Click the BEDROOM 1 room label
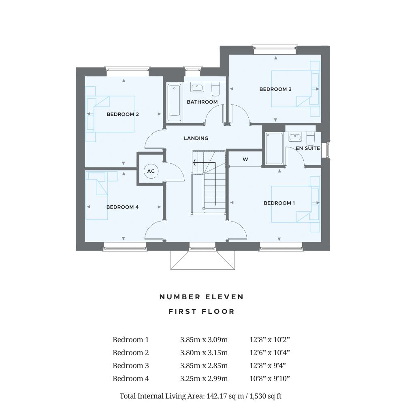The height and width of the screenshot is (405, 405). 279,203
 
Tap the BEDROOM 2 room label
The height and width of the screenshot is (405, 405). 123,114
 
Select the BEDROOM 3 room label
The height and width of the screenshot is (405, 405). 275,89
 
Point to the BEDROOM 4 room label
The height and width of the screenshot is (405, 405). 122,207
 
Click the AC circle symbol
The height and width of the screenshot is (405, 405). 151,171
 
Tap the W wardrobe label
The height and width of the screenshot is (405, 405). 245,160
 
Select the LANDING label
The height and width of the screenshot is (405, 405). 196,138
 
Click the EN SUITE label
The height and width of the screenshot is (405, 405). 308,148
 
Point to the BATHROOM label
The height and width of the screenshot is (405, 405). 202,102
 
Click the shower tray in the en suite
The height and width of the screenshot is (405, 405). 274,148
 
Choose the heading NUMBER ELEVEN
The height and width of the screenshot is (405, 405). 202,297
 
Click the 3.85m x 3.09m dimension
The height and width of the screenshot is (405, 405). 204,339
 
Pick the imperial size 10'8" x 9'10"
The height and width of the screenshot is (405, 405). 269,379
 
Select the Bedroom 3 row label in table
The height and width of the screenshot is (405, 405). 130,366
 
